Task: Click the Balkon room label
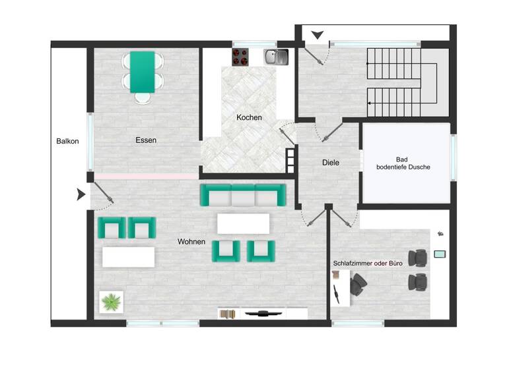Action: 67,141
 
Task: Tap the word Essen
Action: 146,140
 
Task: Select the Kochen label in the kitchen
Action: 250,118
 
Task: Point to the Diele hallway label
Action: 331,163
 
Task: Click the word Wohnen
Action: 191,242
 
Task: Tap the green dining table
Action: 143,72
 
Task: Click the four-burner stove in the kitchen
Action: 240,57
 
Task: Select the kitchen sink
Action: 276,57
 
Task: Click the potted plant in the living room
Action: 110,302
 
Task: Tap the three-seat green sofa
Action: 243,195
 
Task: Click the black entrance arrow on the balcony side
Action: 81,194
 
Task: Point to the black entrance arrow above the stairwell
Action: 318,35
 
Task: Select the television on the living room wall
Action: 263,314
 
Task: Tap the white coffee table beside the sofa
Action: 243,223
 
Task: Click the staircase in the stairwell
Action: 393,81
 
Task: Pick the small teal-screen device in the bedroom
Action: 440,254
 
